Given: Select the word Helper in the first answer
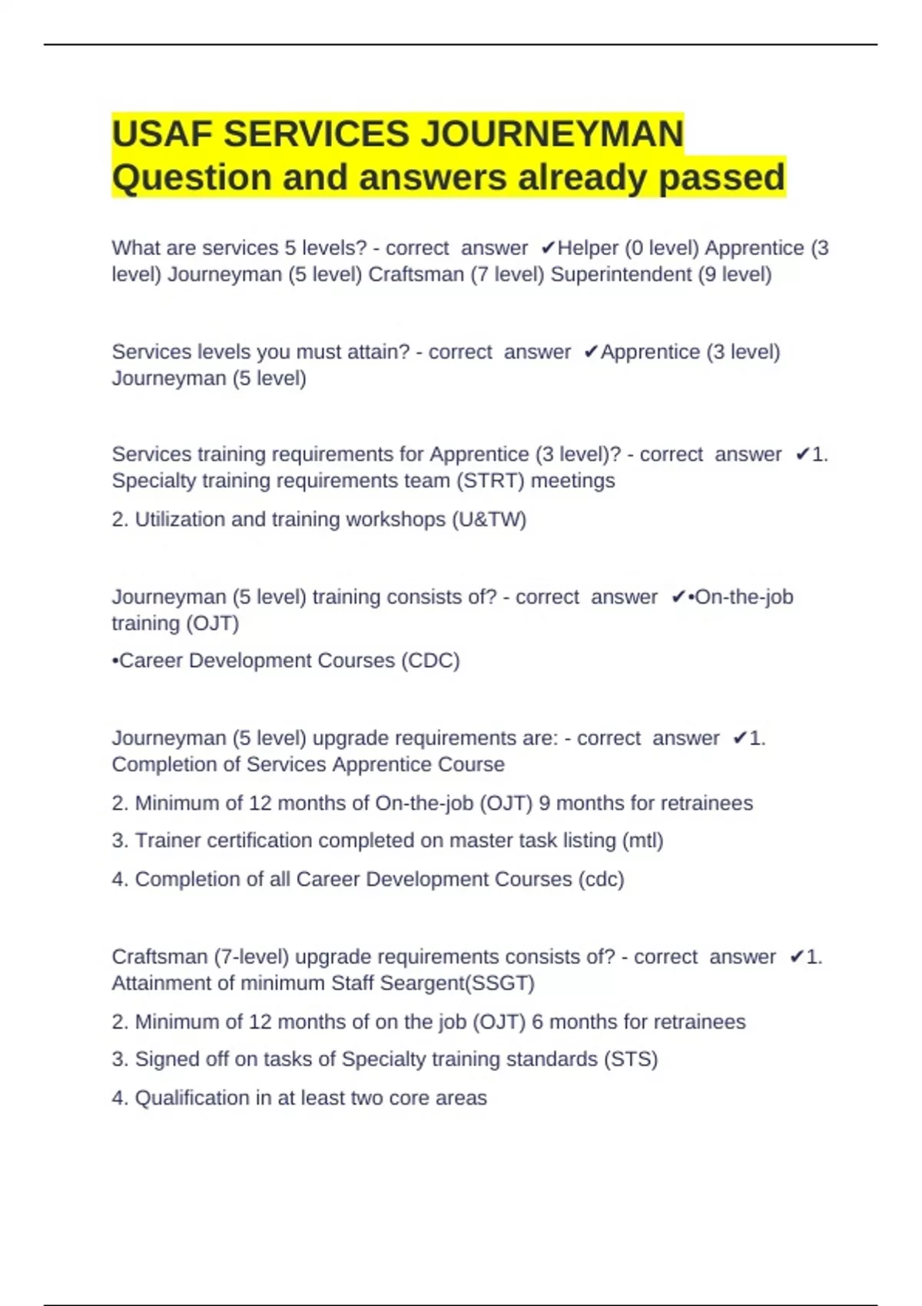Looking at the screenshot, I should (x=588, y=248).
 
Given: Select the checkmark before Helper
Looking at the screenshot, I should (x=548, y=248).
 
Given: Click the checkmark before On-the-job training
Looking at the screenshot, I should (x=678, y=597).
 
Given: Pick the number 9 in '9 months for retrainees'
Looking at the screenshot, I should (x=544, y=804).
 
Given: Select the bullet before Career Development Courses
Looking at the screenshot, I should (x=115, y=661).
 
